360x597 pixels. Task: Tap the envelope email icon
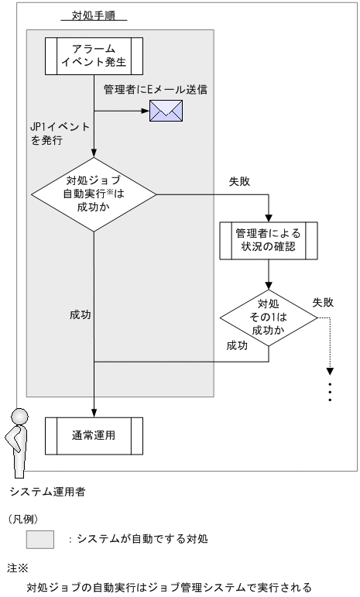[165, 112]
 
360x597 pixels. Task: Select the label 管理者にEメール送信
[156, 91]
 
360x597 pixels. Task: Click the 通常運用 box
[93, 435]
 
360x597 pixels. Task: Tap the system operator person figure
[15, 442]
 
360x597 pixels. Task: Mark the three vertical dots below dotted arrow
[331, 391]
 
